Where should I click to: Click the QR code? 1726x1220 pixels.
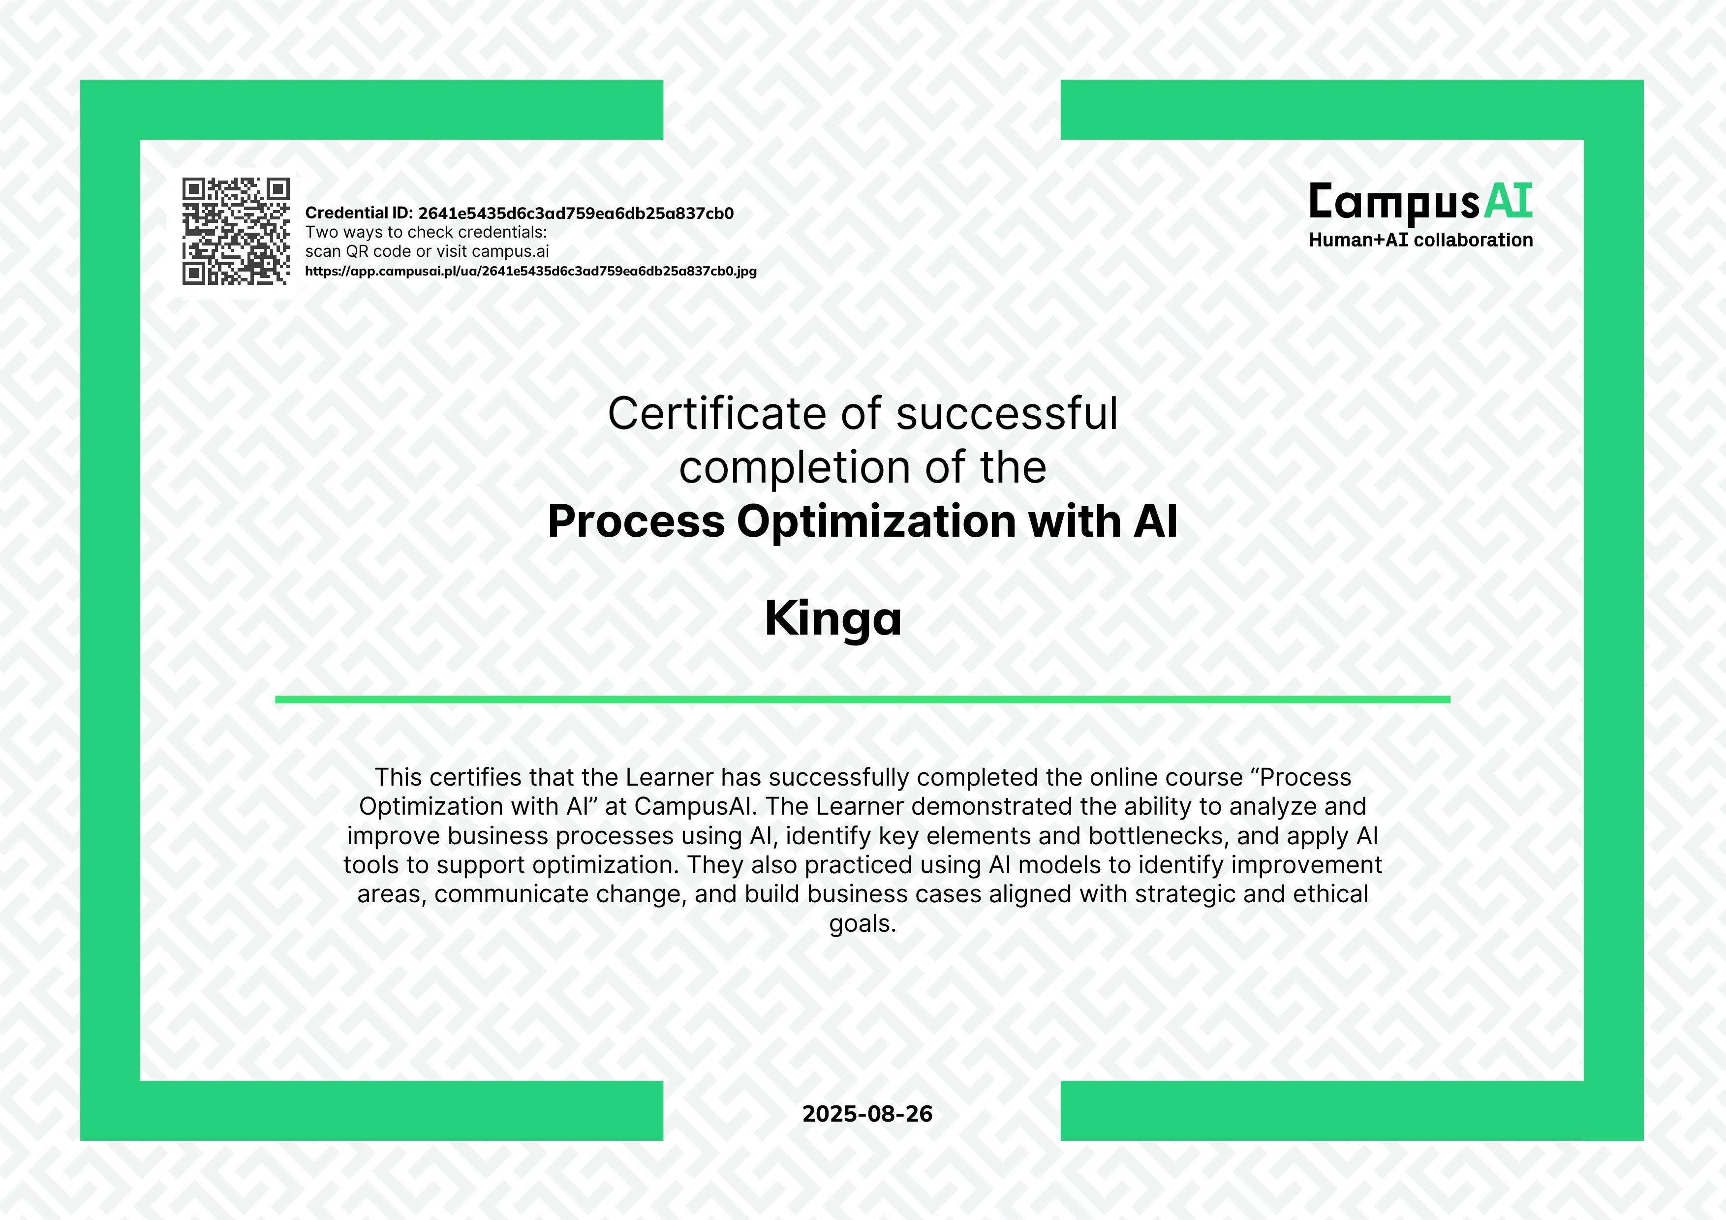click(236, 232)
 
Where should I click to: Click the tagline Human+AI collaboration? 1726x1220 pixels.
click(1421, 240)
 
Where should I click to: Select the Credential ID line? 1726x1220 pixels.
click(520, 213)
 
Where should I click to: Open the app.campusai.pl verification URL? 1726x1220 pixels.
click(531, 272)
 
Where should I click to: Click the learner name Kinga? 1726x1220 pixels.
click(833, 619)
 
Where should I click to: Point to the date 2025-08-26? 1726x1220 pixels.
click(867, 1114)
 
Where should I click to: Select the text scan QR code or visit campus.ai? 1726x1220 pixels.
click(427, 252)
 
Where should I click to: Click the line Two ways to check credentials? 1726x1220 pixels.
click(426, 232)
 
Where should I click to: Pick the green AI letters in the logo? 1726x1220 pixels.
click(1508, 201)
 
